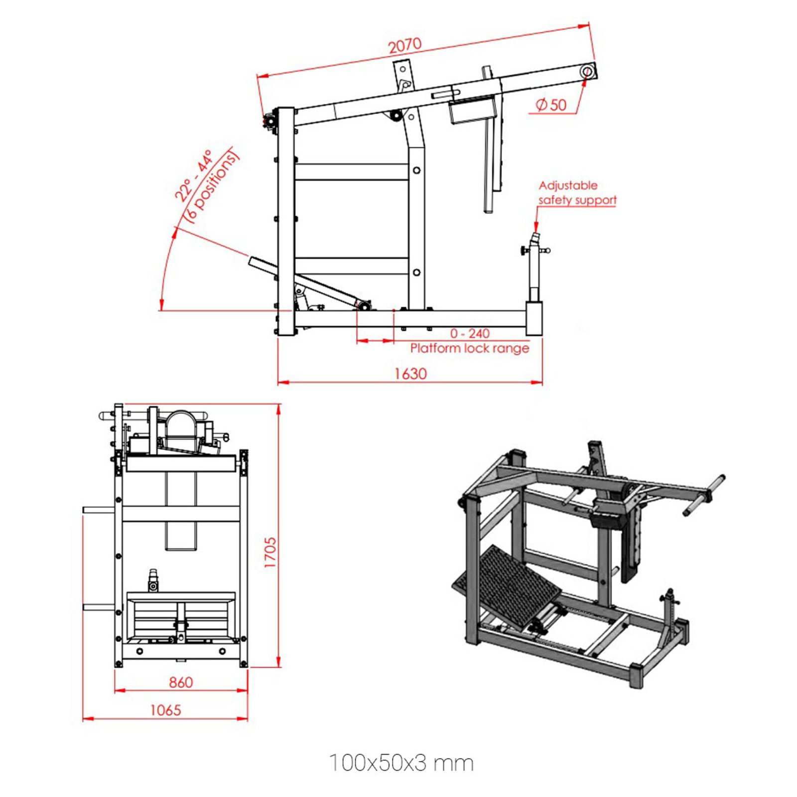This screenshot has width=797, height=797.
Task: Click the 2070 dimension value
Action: [x=404, y=45]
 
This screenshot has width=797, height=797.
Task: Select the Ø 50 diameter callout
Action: [x=551, y=105]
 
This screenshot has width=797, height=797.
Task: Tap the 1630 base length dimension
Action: [x=410, y=374]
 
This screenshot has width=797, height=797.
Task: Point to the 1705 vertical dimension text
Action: [x=270, y=552]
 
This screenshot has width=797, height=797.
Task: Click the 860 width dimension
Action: [x=180, y=682]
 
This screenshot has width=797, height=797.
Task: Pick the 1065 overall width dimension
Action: [x=165, y=710]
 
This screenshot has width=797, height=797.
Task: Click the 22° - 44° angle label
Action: [x=193, y=175]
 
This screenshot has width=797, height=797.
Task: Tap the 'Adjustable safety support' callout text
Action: [x=577, y=193]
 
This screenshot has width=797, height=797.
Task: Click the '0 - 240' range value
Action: [x=470, y=333]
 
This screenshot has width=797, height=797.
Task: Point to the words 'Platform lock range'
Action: [x=469, y=348]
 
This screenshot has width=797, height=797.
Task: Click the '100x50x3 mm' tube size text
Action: [x=401, y=763]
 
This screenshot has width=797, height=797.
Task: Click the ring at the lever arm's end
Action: [x=587, y=72]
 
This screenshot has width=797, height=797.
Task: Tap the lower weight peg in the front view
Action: [x=99, y=607]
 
